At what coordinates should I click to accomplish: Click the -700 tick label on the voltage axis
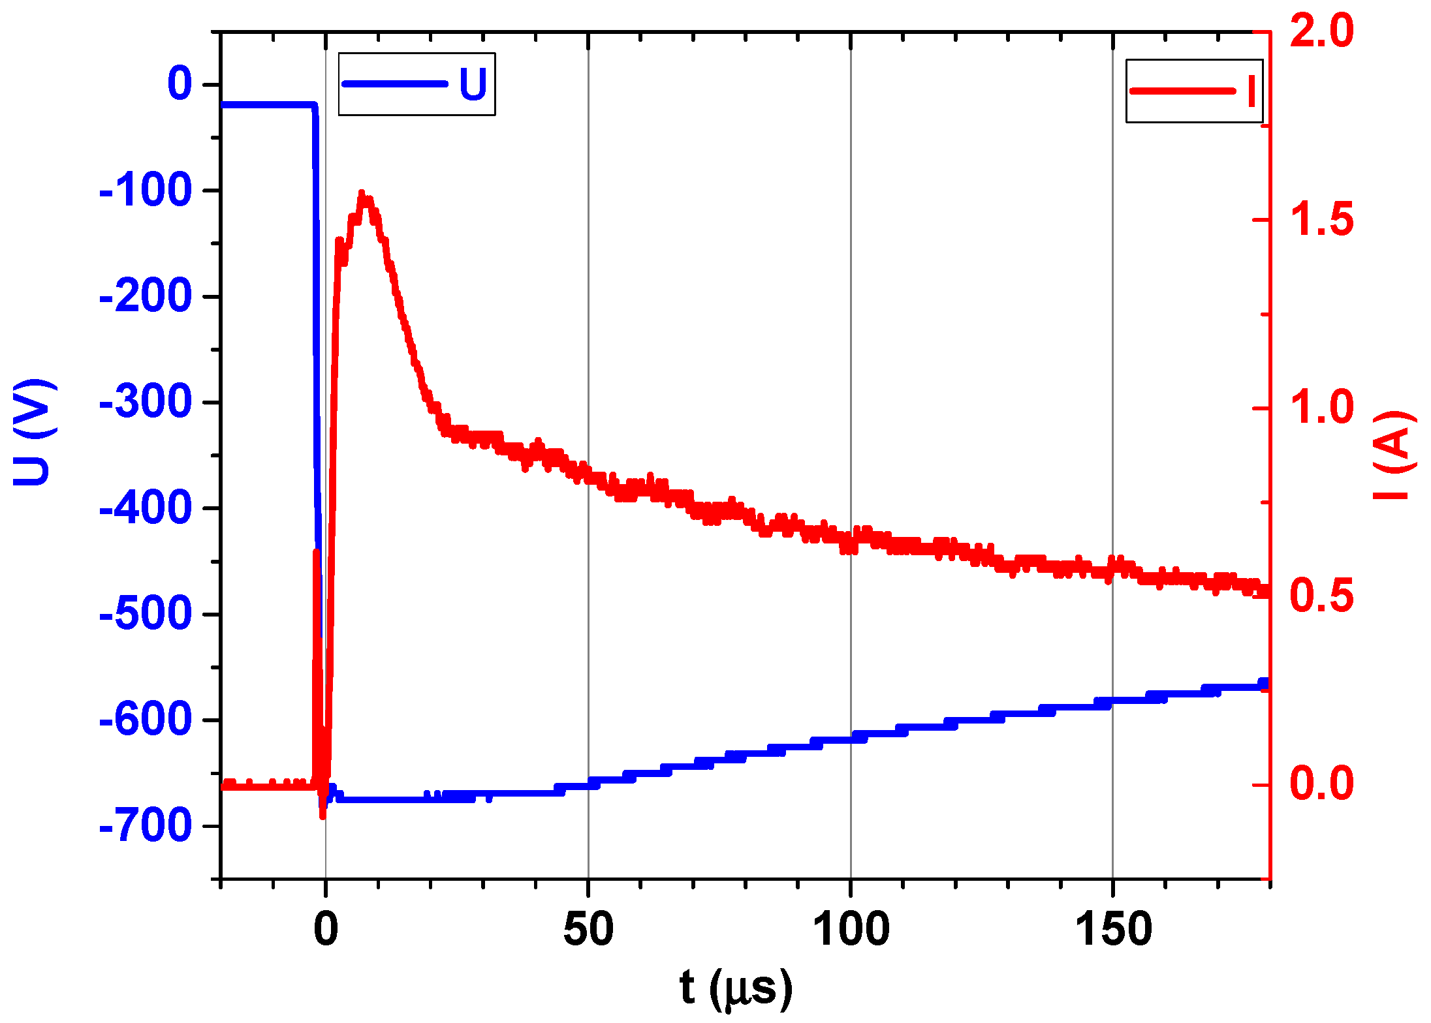[146, 827]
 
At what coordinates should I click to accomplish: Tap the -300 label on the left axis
[146, 403]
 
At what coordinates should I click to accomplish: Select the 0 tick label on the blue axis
[180, 84]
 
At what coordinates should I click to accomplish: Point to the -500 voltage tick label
[146, 615]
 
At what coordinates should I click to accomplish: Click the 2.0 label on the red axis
[1322, 31]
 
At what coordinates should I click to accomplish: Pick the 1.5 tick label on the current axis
[1322, 219]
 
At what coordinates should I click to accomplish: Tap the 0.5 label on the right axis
[1322, 596]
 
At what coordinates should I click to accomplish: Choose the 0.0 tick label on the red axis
[1322, 784]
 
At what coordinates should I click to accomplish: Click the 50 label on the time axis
[588, 930]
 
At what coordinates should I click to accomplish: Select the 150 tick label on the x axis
[1113, 930]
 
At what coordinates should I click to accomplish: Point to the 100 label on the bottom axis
[851, 930]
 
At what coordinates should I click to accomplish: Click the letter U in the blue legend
[473, 84]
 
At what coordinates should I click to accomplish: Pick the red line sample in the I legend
[1182, 91]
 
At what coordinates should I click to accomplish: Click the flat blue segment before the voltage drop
[268, 104]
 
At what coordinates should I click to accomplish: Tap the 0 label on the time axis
[326, 930]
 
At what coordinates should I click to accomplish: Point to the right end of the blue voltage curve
[1264, 684]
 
